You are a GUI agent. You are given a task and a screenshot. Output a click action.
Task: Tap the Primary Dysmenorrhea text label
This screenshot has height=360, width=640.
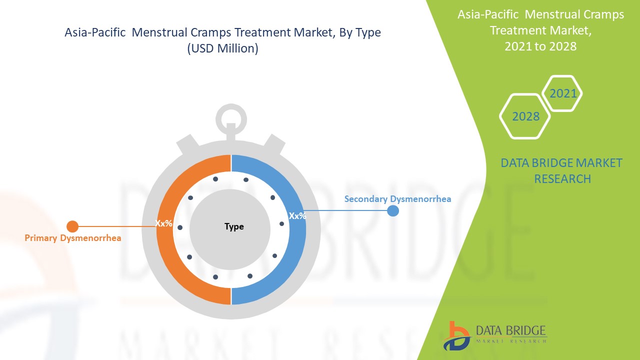73,238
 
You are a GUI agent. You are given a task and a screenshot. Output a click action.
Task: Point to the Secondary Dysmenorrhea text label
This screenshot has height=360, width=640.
397,199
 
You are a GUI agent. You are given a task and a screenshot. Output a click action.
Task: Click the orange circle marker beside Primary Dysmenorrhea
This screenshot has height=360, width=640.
72,226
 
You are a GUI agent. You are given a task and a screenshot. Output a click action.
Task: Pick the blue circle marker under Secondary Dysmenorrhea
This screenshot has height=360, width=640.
393,210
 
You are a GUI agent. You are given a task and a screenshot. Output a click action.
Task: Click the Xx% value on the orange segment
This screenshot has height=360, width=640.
163,223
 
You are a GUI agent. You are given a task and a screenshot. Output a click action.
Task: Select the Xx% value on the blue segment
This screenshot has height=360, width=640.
297,216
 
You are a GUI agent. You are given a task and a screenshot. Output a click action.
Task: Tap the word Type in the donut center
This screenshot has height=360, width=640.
234,226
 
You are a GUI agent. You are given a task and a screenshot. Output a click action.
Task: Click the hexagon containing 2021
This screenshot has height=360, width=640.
563,93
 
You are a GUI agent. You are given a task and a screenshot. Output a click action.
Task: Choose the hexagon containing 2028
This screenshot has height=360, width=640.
525,116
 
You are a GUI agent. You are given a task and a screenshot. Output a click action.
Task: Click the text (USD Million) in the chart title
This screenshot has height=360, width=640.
222,49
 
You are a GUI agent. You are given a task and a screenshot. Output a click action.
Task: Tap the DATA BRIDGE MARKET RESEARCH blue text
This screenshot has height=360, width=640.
561,170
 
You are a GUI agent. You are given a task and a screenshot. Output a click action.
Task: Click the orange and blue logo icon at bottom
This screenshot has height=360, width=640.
457,335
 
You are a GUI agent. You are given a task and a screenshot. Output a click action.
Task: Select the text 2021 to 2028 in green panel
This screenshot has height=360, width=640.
540,46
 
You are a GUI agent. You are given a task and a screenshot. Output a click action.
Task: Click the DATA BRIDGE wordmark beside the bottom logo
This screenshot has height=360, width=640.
510,330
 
